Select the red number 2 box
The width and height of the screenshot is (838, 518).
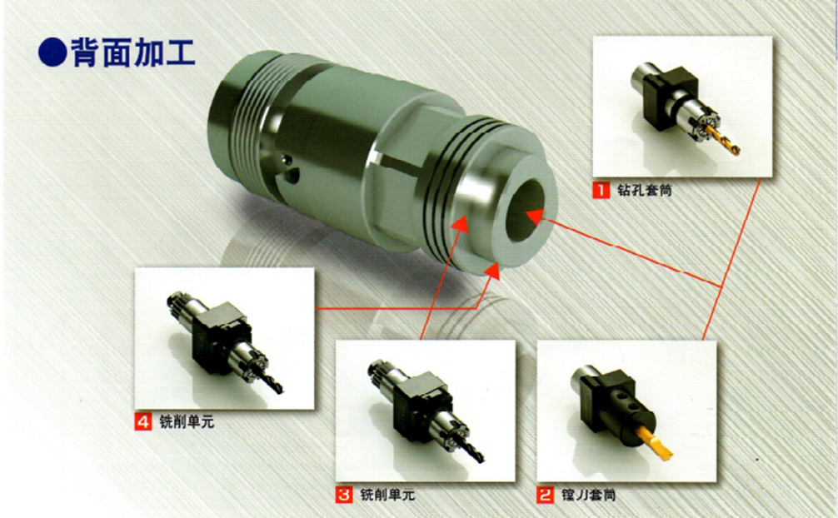point(546,495)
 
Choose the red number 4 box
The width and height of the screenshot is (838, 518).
point(143,421)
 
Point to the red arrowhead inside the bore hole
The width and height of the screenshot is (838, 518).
point(534,217)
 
